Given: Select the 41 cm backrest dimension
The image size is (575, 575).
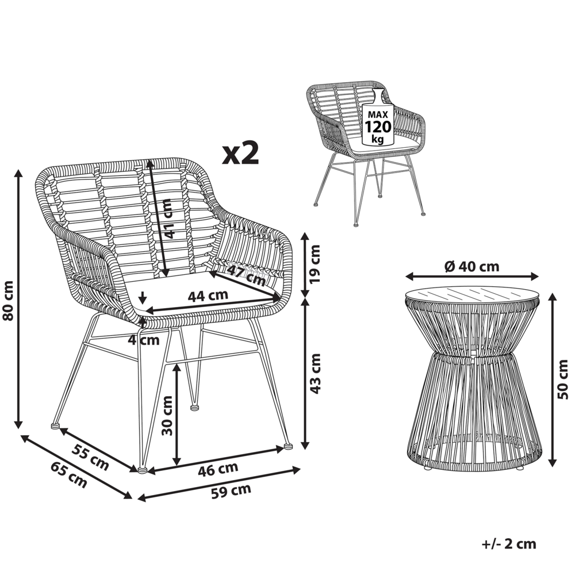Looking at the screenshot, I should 167,218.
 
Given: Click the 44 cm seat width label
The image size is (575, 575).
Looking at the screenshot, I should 208,295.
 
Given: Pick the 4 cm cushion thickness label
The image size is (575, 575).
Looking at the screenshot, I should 143,340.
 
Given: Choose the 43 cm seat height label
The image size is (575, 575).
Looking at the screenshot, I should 315,373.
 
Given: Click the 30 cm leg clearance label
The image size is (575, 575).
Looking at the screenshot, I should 167,416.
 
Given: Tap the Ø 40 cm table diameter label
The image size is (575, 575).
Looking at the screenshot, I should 472,266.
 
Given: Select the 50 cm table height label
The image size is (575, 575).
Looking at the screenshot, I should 563,379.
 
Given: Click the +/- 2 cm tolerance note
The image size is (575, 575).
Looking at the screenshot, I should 508,543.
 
